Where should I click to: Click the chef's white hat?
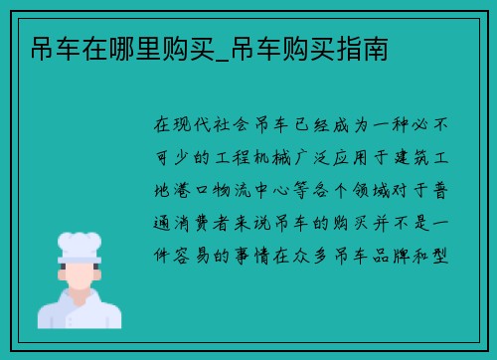coord(80,244)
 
